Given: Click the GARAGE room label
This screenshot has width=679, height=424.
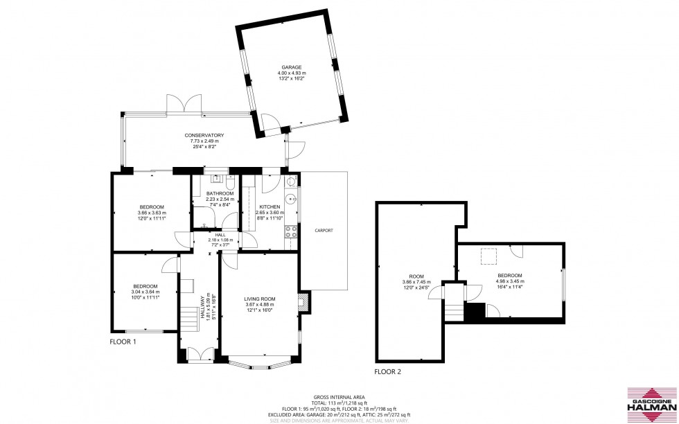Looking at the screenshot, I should pos(292,67).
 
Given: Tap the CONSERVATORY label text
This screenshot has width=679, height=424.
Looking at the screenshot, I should pos(204,135).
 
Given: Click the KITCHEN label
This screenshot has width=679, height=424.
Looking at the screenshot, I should pos(270,207).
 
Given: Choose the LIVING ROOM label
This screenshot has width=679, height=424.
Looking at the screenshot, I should pos(260,299).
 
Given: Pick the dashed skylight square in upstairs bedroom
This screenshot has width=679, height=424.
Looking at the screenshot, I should pos(491,257).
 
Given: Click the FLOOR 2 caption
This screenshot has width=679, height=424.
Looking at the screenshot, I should pos(387,372).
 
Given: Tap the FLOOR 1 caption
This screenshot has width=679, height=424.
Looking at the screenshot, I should pos(123,342).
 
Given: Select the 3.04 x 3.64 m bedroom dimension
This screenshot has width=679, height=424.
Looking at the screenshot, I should pos(145,292).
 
